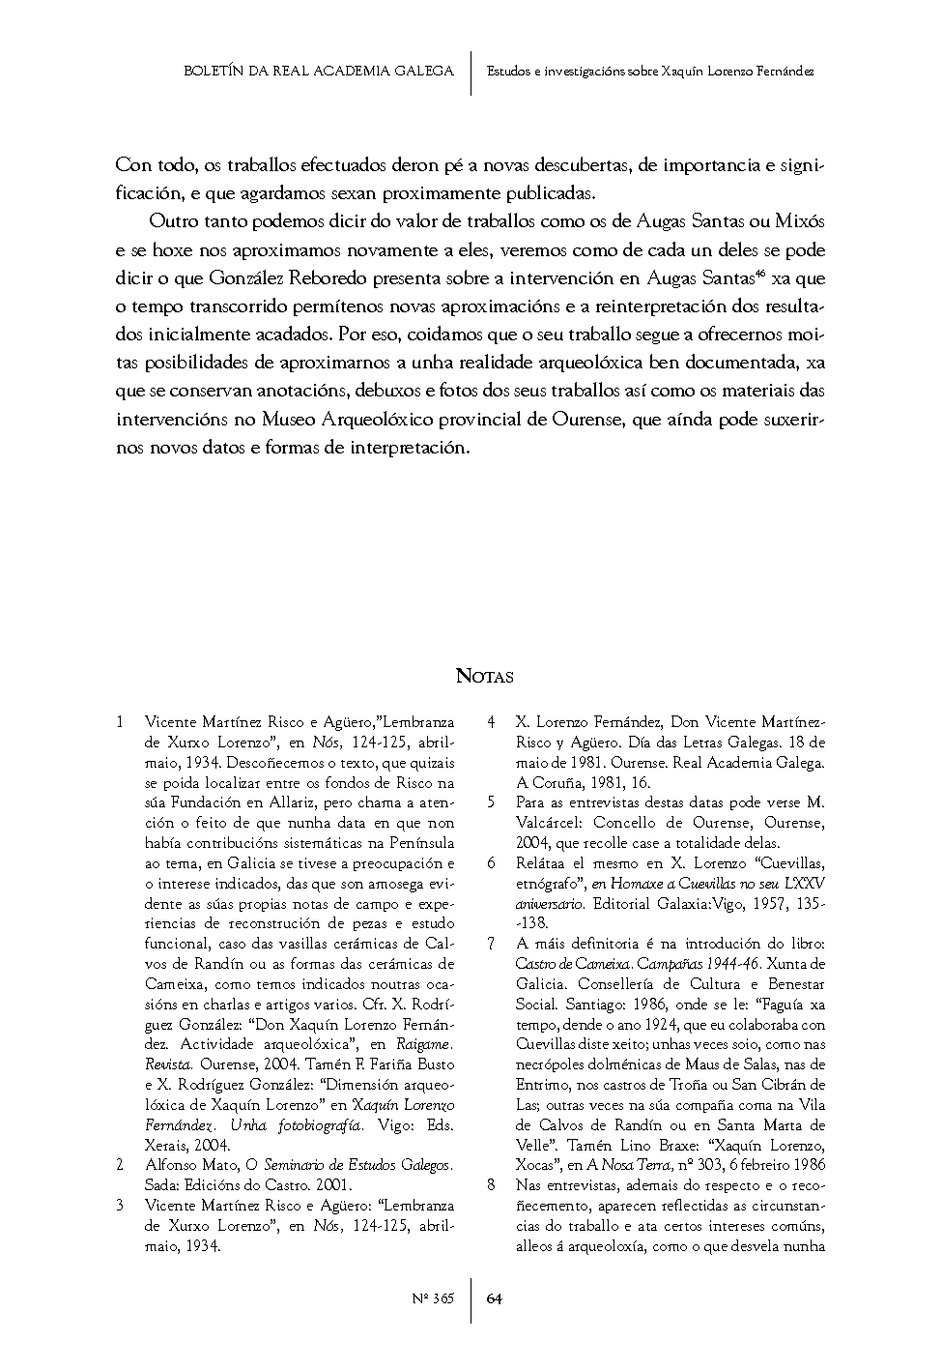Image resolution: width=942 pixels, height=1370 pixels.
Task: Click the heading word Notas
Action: pos(484,676)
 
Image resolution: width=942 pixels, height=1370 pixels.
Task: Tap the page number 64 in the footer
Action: pos(494,1298)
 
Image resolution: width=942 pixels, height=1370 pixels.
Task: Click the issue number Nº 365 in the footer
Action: pos(433,1298)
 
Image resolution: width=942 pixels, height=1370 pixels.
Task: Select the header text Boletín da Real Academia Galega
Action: pos(318,72)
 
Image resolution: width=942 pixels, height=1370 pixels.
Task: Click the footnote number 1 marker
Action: pos(119,722)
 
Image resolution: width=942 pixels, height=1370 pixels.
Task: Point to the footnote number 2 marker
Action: pos(119,1165)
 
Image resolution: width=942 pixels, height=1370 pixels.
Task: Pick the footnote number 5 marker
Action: pos(491,802)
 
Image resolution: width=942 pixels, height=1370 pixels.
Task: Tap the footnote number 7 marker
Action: pos(491,944)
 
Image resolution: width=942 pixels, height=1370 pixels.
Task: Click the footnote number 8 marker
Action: pos(491,1185)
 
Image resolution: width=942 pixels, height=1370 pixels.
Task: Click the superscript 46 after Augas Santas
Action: pos(761,275)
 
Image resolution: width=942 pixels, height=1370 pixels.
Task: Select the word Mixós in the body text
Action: pos(800,221)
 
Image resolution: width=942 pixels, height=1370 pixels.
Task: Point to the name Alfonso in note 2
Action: pos(170,1165)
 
